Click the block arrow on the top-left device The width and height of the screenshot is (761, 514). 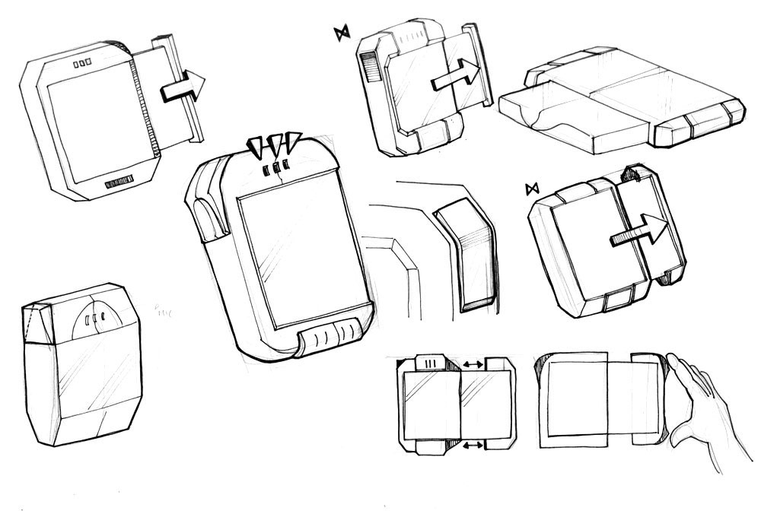183,86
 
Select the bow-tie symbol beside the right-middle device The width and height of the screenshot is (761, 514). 531,188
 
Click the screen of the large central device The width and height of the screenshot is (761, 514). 298,255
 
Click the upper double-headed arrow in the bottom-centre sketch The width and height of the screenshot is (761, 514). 473,366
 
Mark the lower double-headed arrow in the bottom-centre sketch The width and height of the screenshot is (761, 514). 473,444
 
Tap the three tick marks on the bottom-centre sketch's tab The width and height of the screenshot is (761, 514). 432,362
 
